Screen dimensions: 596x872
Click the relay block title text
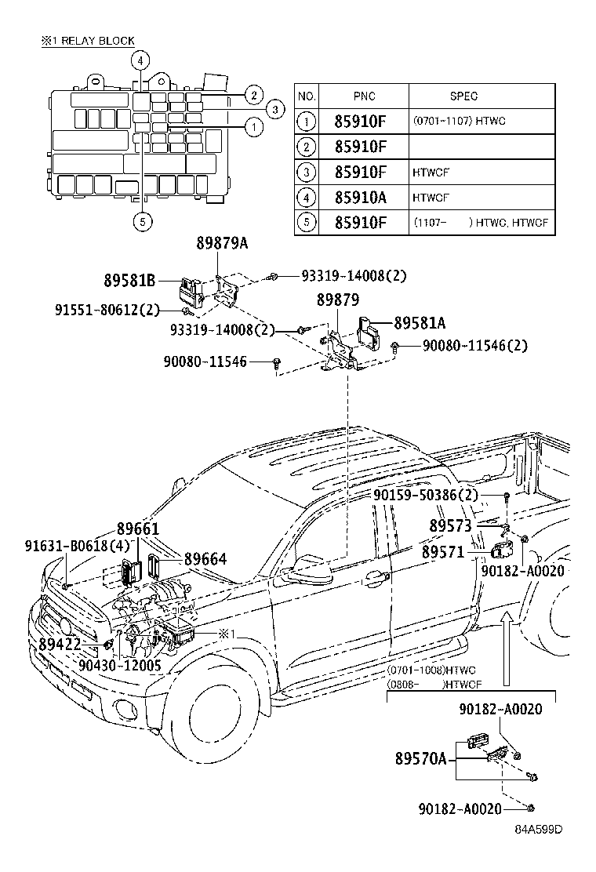88,41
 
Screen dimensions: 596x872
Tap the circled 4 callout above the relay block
140,60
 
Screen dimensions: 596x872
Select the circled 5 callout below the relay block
142,222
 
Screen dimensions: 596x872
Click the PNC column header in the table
364,96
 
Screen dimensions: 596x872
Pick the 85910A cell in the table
360,198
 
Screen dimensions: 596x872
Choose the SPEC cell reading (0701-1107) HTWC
460,121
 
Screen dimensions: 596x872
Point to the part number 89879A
222,243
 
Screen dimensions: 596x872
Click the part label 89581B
129,280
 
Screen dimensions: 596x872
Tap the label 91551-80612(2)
107,309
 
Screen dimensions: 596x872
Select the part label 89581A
420,322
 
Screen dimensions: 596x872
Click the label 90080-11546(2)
474,345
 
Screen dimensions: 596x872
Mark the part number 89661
138,529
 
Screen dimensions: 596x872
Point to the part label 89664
205,558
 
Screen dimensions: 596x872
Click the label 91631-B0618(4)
78,545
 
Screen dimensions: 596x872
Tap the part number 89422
60,644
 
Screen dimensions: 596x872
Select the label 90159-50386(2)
425,494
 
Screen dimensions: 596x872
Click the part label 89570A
421,758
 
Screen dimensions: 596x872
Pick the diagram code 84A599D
538,829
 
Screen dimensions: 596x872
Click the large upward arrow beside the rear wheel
505,649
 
